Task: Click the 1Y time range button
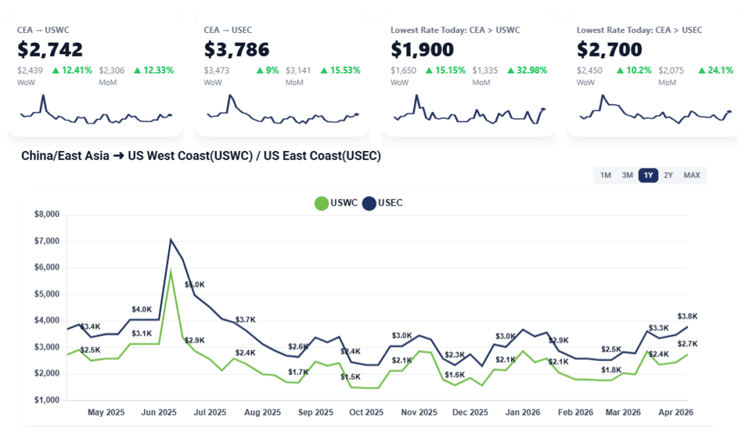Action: pyautogui.click(x=648, y=175)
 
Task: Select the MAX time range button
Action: pyautogui.click(x=692, y=175)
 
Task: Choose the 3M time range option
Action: pyautogui.click(x=627, y=175)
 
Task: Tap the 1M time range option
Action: pyautogui.click(x=605, y=175)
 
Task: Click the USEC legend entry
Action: pyautogui.click(x=383, y=203)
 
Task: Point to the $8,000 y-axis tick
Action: pyautogui.click(x=47, y=215)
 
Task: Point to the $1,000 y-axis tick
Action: pyautogui.click(x=47, y=400)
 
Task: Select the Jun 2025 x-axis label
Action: pyautogui.click(x=159, y=412)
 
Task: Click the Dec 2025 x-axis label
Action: pyautogui.click(x=470, y=412)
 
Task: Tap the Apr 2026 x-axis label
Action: pyautogui.click(x=675, y=412)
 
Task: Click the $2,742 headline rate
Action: pyautogui.click(x=50, y=50)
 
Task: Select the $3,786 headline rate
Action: pyautogui.click(x=237, y=50)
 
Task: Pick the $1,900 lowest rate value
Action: pyautogui.click(x=423, y=50)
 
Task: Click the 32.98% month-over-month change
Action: pyautogui.click(x=528, y=70)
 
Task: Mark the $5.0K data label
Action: pyautogui.click(x=195, y=285)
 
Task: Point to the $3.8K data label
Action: pyautogui.click(x=687, y=316)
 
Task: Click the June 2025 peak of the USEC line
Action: pyautogui.click(x=171, y=239)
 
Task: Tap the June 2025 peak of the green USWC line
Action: pyautogui.click(x=171, y=270)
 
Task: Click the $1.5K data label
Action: pyautogui.click(x=351, y=377)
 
